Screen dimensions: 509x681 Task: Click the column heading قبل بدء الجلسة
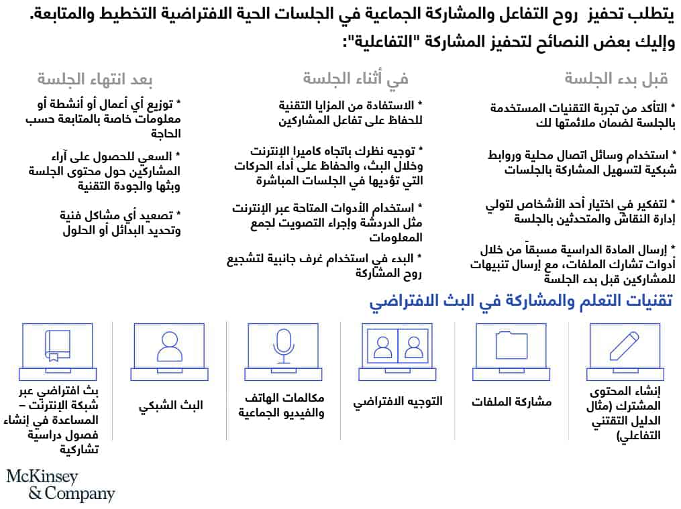coord(616,79)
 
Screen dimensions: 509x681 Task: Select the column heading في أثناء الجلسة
coord(356,79)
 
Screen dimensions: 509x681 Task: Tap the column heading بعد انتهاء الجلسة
coord(95,79)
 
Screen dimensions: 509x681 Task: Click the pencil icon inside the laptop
coord(625,345)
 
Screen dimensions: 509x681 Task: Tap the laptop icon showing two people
coord(397,346)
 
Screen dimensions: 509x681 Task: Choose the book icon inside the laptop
coord(57,346)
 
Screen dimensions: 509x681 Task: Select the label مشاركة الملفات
coord(511,402)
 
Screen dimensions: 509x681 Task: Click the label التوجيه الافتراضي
coord(398,402)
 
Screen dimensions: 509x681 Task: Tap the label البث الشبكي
coord(170,405)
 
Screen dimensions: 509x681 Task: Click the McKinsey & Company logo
coord(60,486)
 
